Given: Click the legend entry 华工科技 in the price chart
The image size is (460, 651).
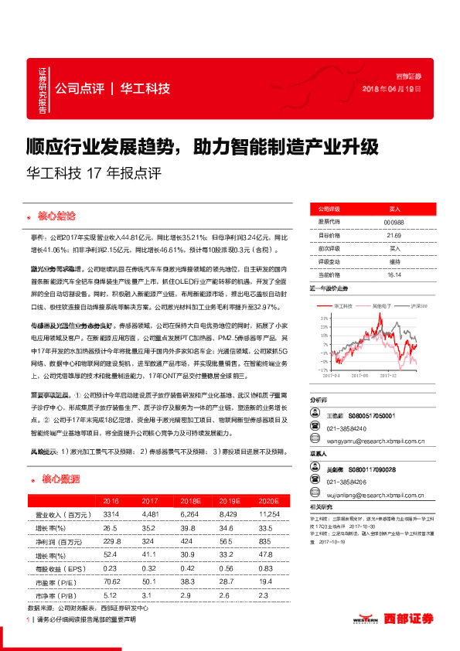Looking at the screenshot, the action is point(343,307).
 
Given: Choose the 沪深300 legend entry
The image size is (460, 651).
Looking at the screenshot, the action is point(420,307).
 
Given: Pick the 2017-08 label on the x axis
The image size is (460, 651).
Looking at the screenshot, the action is point(361,377).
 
